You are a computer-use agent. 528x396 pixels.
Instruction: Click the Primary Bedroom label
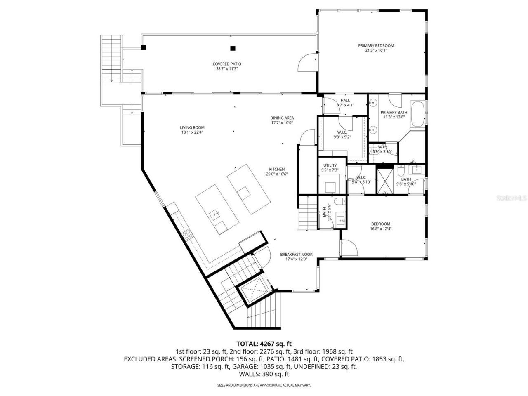coord(376,46)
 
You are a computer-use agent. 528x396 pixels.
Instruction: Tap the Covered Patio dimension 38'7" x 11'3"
coord(226,69)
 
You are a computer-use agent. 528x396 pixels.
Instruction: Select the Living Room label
coord(192,127)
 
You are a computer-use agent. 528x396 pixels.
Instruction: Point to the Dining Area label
coord(282,118)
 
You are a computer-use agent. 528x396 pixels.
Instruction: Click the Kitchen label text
coord(277,169)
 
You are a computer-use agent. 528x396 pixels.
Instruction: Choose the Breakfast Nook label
coord(294,254)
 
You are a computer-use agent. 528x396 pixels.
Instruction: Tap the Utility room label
coord(330,165)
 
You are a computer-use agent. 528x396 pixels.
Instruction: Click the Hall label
coord(345,100)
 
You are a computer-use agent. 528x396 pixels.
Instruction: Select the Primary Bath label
coord(394,112)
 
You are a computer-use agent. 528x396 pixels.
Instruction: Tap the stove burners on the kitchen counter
coord(188,234)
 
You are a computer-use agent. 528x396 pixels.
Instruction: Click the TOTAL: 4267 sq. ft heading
coord(264,343)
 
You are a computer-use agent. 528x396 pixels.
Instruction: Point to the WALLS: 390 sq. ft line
coord(264,374)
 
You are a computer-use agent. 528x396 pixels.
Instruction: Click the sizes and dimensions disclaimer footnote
coord(264,385)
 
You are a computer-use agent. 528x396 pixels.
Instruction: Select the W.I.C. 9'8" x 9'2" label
coord(342,134)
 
